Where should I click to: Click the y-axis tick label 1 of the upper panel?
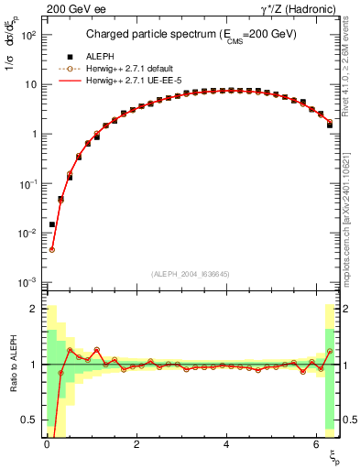click(34, 134)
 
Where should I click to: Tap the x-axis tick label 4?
click(226, 444)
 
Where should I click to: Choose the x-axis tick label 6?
click(316, 444)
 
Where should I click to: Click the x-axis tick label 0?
click(46, 444)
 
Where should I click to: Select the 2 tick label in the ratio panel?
click(35, 309)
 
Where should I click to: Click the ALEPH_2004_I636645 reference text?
click(189, 273)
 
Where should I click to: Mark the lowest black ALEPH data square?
click(52, 224)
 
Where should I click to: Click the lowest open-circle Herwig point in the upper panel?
click(52, 249)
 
